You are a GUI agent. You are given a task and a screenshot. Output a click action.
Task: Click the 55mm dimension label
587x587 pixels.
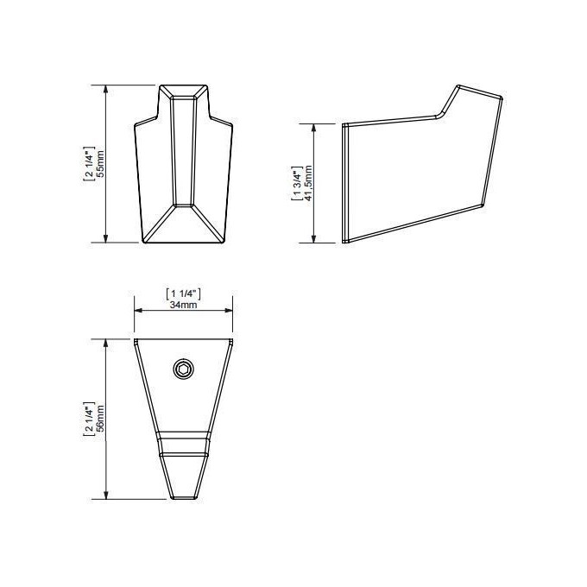99,164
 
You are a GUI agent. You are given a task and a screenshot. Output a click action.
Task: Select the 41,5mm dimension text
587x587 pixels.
308,183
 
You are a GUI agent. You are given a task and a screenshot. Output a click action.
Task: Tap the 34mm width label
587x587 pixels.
183,305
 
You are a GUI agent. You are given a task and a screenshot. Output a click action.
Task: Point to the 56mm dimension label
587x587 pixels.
99,419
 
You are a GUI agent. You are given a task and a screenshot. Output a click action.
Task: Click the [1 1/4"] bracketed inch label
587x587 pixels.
183,293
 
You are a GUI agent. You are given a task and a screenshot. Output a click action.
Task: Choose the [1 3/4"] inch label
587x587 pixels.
297,183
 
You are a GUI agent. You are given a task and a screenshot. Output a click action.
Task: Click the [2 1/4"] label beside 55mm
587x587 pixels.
88,164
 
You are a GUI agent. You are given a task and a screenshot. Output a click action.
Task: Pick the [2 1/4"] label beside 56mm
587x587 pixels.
88,419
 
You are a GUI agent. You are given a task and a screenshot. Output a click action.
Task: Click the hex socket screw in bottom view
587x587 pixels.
183,369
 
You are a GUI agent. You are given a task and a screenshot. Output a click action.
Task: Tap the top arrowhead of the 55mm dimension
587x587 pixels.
106,89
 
